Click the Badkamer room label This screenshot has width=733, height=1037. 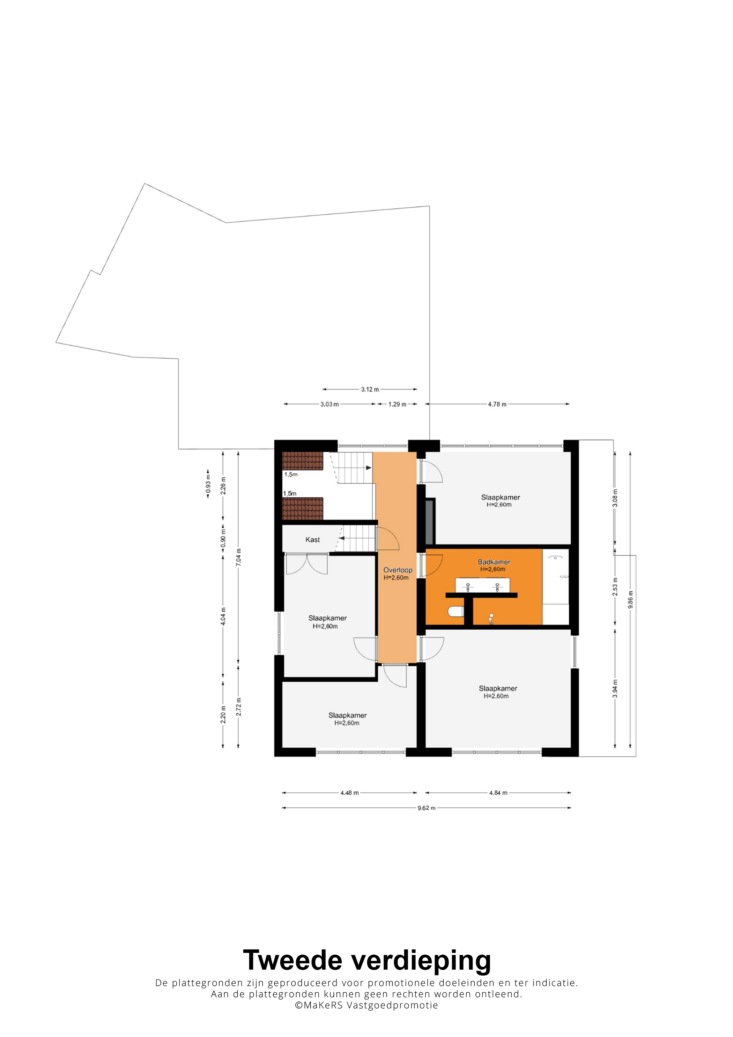tap(494, 562)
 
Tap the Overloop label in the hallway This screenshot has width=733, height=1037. tap(398, 570)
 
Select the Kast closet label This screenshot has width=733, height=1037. tap(312, 540)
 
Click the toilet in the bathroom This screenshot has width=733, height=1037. tap(456, 612)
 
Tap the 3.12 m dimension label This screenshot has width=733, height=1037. tap(370, 389)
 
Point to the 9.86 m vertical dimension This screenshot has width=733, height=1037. tap(630, 600)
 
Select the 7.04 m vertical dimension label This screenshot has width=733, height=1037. tap(238, 557)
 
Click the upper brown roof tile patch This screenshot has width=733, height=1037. tap(303, 461)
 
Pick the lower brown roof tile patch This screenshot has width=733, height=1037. tap(303, 509)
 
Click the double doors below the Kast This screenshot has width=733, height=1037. tap(307, 564)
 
